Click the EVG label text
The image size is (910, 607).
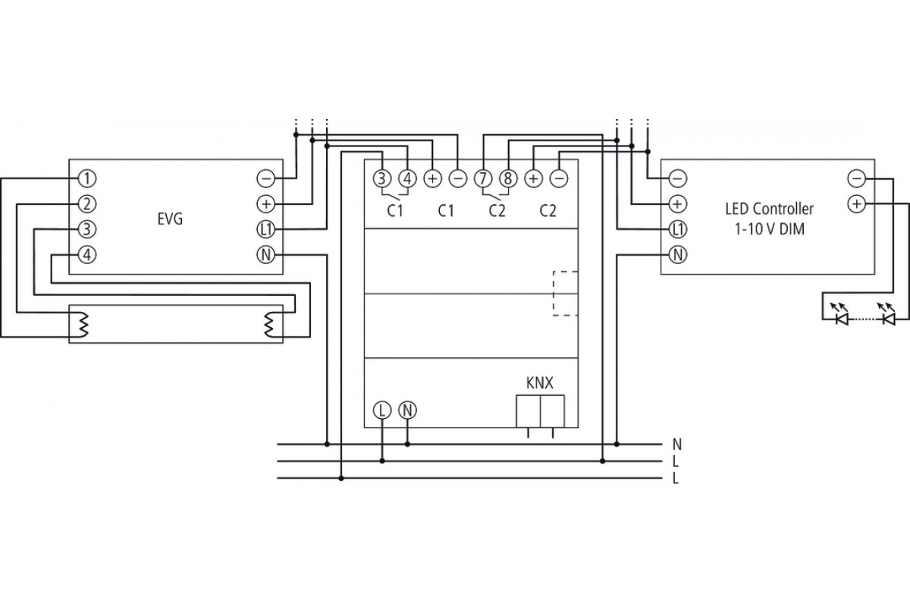click(x=170, y=219)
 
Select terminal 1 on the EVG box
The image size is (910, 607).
click(x=87, y=179)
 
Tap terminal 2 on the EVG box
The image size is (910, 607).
click(x=87, y=204)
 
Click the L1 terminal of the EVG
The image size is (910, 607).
click(x=266, y=230)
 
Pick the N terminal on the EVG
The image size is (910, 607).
click(x=266, y=255)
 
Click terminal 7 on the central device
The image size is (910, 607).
click(x=483, y=178)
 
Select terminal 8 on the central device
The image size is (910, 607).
click(x=508, y=178)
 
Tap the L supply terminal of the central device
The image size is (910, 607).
click(x=382, y=410)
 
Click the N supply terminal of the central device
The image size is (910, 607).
click(x=407, y=410)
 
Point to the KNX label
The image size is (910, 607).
click(x=539, y=383)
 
